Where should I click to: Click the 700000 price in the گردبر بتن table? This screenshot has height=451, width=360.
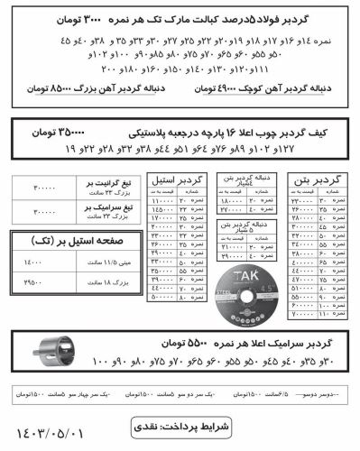304,315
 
